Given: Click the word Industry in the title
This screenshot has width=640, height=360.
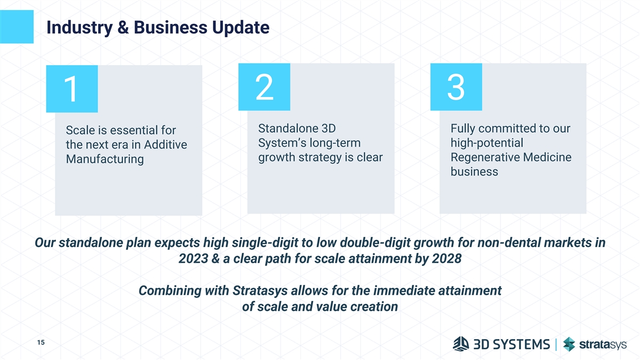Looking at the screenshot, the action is (x=79, y=28).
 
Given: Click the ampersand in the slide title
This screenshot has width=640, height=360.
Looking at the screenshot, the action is (x=123, y=27).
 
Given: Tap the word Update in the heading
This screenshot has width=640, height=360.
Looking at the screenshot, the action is (x=241, y=28).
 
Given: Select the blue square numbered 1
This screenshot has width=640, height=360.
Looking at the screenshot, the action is (x=72, y=89).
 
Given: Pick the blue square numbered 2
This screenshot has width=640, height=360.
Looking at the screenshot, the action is (x=265, y=87).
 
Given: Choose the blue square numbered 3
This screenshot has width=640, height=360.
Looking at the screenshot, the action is (x=457, y=87).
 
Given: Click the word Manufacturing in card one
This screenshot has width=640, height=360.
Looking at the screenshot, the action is (x=105, y=159).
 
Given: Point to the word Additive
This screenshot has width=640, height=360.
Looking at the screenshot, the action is (x=165, y=145).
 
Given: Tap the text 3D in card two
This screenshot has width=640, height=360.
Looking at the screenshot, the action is (x=329, y=129).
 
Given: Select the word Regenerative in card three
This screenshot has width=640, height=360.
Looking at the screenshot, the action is (x=485, y=157).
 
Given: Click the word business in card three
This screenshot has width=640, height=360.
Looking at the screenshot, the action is (x=474, y=172).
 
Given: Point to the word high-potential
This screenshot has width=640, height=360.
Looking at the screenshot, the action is (x=487, y=143).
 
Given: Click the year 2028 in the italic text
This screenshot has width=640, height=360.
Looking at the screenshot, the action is (x=446, y=259).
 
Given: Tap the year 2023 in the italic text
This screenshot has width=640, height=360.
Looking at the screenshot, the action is (x=194, y=259).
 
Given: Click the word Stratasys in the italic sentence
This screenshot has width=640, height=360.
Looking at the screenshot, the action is (x=260, y=291).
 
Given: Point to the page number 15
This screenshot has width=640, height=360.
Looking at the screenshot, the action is (x=41, y=342).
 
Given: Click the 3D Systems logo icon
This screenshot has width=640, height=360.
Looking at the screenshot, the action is (x=461, y=343).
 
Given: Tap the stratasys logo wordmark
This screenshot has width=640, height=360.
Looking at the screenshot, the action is (x=603, y=345).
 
